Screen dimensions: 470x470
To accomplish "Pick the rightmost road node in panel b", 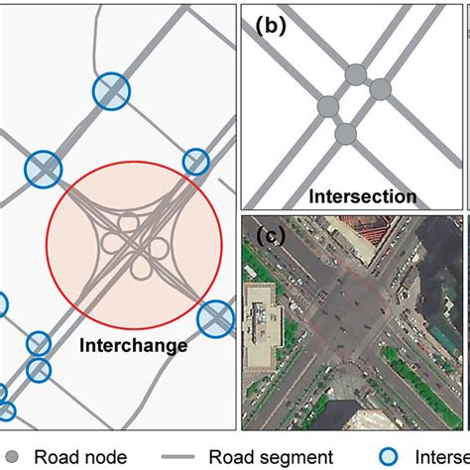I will pyautogui.click(x=381, y=89).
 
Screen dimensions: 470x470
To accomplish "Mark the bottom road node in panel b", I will pyautogui.click(x=344, y=133).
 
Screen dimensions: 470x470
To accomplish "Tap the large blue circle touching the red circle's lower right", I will pyautogui.click(x=213, y=319).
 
